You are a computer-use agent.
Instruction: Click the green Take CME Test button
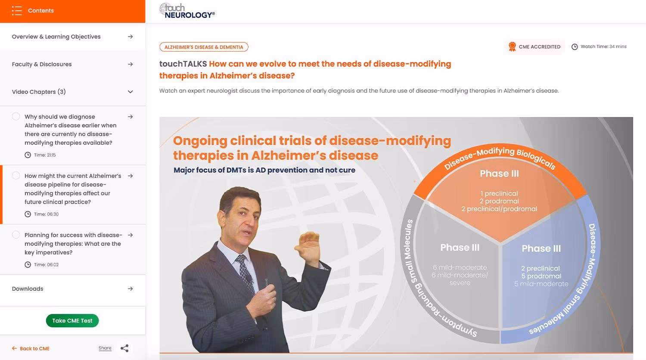click(72, 320)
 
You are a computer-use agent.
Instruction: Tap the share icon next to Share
click(124, 348)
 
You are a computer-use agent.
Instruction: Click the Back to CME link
click(31, 348)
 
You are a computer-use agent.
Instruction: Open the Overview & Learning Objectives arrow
click(130, 37)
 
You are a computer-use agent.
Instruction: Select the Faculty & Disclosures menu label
click(42, 64)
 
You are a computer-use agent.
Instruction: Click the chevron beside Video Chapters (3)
click(130, 92)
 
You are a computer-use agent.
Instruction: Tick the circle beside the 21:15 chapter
click(16, 116)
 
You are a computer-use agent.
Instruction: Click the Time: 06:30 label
click(46, 214)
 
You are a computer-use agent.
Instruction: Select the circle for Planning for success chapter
click(16, 235)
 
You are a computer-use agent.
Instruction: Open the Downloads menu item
click(28, 289)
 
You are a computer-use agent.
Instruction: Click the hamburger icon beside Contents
click(17, 11)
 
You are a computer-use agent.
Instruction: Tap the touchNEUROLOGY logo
click(187, 11)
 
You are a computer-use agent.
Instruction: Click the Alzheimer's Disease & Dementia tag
click(204, 47)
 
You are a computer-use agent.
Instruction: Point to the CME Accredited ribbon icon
click(512, 47)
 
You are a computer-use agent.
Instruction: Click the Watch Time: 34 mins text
click(603, 47)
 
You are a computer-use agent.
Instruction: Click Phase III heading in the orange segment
click(499, 174)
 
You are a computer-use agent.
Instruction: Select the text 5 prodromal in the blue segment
click(541, 276)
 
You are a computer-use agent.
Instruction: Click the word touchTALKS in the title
click(183, 64)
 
